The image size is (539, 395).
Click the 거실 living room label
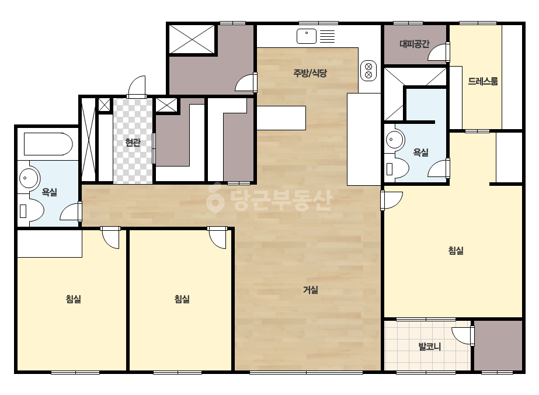pyautogui.click(x=310, y=290)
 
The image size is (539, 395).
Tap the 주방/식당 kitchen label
pyautogui.click(x=310, y=73)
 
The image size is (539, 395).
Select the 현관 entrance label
pyautogui.click(x=133, y=142)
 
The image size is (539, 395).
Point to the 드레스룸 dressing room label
pyautogui.click(x=482, y=81)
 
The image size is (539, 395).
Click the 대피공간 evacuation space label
pyautogui.click(x=414, y=44)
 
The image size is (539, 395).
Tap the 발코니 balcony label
pyautogui.click(x=430, y=346)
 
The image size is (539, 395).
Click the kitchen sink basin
pyautogui.click(x=306, y=36)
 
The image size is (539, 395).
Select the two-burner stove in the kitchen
pyautogui.click(x=368, y=71)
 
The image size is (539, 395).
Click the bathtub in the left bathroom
pyautogui.click(x=48, y=144)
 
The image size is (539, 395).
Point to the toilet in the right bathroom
pyautogui.click(x=397, y=169)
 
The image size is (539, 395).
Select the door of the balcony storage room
pyautogui.click(x=463, y=335)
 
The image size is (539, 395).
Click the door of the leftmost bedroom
pyautogui.click(x=110, y=237)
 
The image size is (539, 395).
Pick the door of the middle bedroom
pyautogui.click(x=217, y=237)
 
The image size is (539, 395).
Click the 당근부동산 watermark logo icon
pyautogui.click(x=215, y=198)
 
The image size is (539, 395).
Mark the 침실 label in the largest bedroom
pyautogui.click(x=456, y=250)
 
